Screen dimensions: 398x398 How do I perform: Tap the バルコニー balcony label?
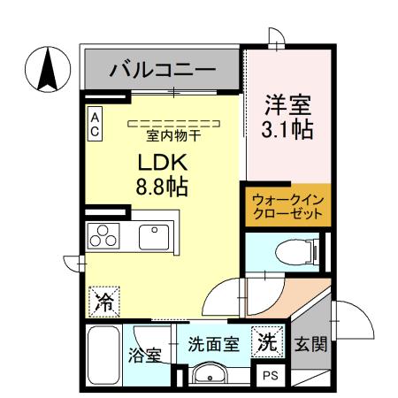pyautogui.click(x=162, y=70)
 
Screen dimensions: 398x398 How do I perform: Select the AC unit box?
pyautogui.click(x=96, y=124)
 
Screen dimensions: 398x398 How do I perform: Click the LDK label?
pyautogui.click(x=159, y=164)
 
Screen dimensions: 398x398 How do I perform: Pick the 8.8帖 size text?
pyautogui.click(x=159, y=188)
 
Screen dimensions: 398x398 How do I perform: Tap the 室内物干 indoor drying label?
pyautogui.click(x=173, y=135)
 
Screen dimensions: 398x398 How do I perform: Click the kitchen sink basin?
pyautogui.click(x=156, y=237)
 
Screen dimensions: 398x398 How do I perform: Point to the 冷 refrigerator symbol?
pyautogui.click(x=103, y=301)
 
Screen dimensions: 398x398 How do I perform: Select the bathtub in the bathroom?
pyautogui.click(x=104, y=355)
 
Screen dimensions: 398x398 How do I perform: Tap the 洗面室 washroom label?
pyautogui.click(x=213, y=344)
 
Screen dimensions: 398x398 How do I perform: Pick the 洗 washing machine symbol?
pyautogui.click(x=267, y=341)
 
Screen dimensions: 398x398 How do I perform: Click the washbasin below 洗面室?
pyautogui.click(x=210, y=373)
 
